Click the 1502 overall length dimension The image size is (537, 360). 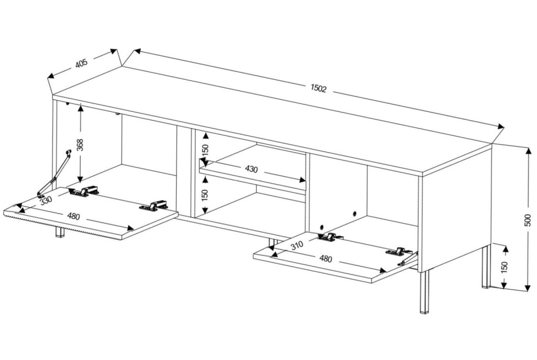point(318,89)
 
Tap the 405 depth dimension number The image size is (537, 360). point(82,63)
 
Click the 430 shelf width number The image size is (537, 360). point(251,169)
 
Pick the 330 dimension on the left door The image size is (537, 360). point(46,201)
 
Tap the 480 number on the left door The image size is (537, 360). point(73,216)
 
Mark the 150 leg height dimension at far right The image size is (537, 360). point(504,266)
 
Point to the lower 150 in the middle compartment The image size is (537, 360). point(205,195)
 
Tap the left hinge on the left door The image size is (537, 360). point(84,191)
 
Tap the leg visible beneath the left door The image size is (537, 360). point(60,231)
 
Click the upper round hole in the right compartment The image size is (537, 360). point(354,214)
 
